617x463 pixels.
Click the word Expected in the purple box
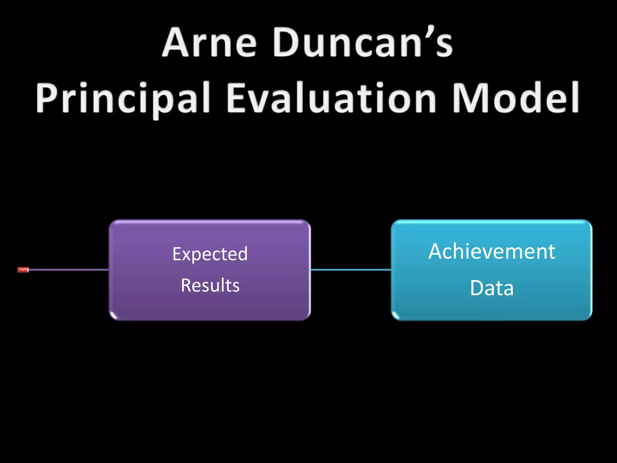coord(210,254)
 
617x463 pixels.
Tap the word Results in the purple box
coord(210,285)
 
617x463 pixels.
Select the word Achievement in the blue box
coord(492,251)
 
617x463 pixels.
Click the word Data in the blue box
coord(492,288)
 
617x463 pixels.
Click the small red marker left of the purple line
coord(23,270)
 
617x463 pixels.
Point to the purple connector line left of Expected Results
coord(69,270)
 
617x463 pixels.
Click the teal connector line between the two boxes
coord(351,270)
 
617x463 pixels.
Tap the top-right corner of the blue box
coord(590,222)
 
